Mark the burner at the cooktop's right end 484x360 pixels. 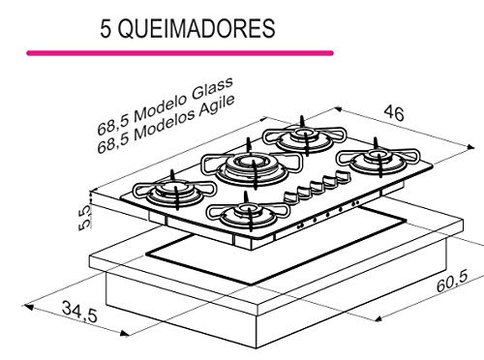[376, 160]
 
